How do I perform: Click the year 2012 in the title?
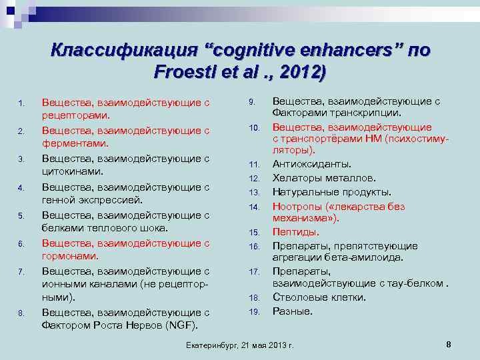pos(301,72)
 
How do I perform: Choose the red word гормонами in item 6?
pos(70,256)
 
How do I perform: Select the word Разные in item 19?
pos(293,311)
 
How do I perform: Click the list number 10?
pos(253,127)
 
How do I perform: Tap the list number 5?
pos(22,215)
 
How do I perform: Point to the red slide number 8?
pos(449,344)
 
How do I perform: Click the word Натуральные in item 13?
pos(305,192)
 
